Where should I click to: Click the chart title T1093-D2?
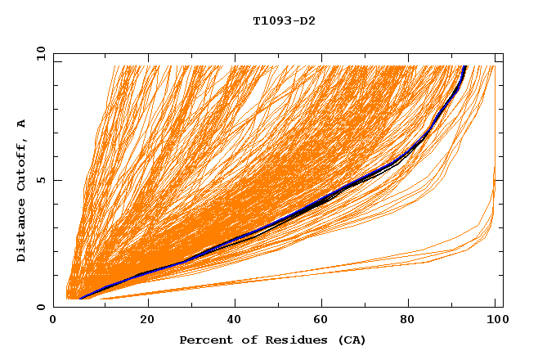click(x=284, y=20)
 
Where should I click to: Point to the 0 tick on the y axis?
click(x=41, y=308)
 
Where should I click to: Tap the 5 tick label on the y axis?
click(x=41, y=180)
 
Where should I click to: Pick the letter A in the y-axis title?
click(x=21, y=124)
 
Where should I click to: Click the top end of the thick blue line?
click(x=465, y=66)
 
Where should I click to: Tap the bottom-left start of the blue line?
click(x=81, y=297)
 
